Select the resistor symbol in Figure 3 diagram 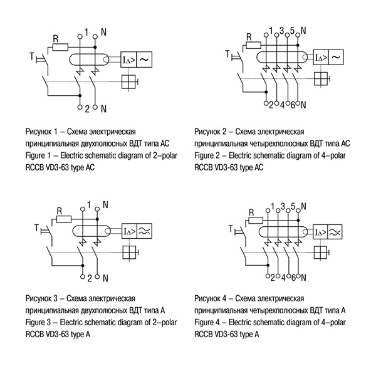[x=60, y=220]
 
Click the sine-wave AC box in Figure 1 [x=144, y=59]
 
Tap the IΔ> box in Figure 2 [x=319, y=57]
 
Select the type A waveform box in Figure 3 [x=144, y=231]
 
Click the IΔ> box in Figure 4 [x=319, y=231]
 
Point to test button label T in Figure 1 [x=32, y=58]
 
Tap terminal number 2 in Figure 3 [x=89, y=278]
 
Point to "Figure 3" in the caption [x=39, y=323]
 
